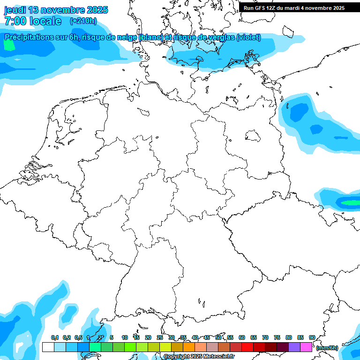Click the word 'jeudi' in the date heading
pos(15,10)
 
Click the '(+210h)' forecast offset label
pos(83,21)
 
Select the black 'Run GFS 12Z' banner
pos(294,7)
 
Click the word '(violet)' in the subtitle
pos(248,37)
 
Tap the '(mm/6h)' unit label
pos(327,348)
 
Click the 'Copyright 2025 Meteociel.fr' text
pos(199,357)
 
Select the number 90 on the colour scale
pos(312,337)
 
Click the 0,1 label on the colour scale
pos(55,337)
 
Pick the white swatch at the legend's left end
pos(48,347)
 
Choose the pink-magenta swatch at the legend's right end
pos(306,347)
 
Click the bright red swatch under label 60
pos(247,347)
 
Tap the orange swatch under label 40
pos(189,347)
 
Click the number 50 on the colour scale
pos(218,337)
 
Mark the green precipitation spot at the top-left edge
pos(8,45)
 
